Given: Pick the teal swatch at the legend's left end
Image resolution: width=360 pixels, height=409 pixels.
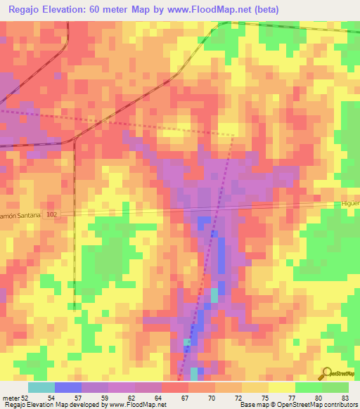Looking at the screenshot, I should click(x=41, y=387).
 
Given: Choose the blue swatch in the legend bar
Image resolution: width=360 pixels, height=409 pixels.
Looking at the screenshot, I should click(x=68, y=387).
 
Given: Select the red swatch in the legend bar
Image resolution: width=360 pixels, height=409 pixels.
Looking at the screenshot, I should click(x=175, y=387).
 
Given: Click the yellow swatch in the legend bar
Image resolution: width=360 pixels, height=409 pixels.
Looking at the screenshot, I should click(x=282, y=387).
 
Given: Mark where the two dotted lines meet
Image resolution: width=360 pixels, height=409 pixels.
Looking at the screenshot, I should click(x=233, y=136).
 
